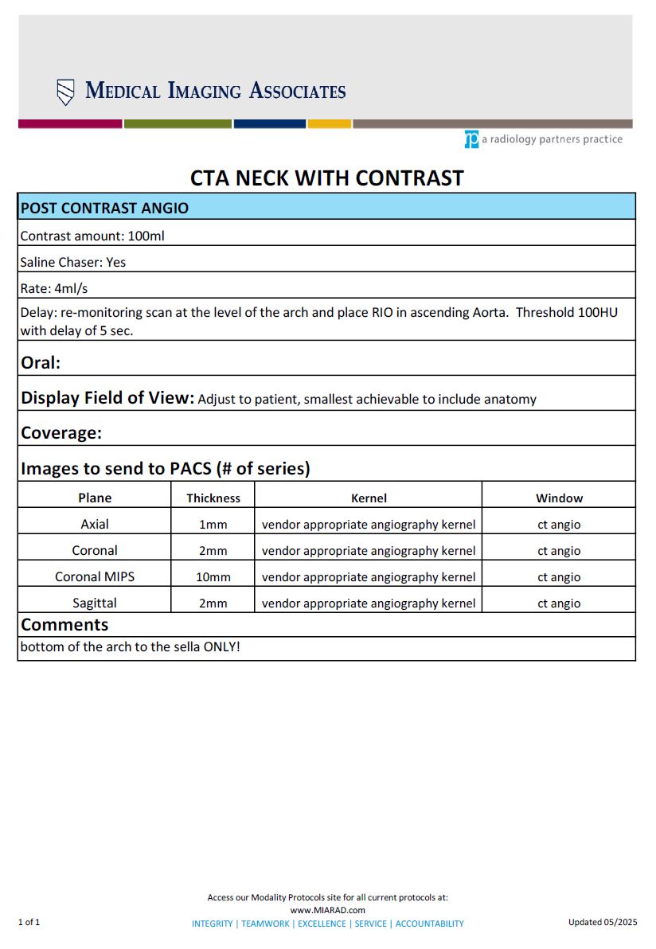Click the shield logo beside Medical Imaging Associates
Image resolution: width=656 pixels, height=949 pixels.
[66, 92]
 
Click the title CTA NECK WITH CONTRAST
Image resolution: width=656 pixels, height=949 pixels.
[326, 177]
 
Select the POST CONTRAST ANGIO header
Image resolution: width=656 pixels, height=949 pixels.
[104, 208]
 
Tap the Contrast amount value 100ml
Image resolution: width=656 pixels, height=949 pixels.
[146, 236]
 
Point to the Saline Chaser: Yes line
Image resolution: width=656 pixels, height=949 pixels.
[73, 262]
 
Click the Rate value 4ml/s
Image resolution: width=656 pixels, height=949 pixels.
[72, 288]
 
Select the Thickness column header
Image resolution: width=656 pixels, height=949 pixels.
[213, 498]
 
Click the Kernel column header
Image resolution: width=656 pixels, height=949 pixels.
[369, 498]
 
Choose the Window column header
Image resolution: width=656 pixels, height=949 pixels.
[559, 498]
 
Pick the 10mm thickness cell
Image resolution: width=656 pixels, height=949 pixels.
[213, 576]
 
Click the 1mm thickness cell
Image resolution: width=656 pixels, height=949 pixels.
[213, 524]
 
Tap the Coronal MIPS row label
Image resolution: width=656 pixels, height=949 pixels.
[95, 576]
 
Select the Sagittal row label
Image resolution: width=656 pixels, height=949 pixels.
[95, 603]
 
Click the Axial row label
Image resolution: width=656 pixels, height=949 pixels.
[95, 524]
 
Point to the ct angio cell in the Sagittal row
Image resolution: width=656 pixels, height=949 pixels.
[559, 603]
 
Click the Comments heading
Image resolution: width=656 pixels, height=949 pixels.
[64, 624]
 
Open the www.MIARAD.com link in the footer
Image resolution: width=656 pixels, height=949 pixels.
[327, 910]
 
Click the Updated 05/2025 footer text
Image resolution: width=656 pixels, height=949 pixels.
[603, 922]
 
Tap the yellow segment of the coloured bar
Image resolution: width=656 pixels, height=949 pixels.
[330, 124]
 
